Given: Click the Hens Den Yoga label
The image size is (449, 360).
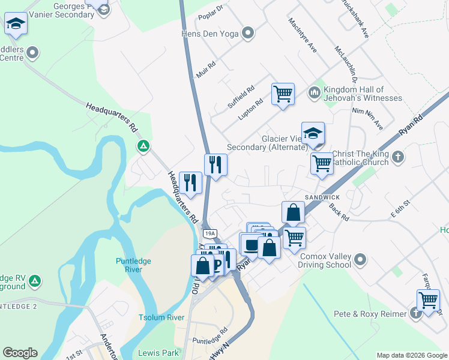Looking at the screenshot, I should (212, 34).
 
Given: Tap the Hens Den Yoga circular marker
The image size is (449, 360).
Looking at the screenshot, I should (247, 34).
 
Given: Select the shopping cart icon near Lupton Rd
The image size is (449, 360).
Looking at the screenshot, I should (283, 94).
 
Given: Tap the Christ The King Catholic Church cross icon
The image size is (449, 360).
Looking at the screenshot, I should (398, 158).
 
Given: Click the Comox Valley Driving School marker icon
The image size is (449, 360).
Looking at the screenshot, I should (360, 260).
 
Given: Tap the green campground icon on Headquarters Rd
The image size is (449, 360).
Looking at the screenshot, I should (143, 146).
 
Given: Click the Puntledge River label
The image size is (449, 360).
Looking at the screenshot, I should (133, 265).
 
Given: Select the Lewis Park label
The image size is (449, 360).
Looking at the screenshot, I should (155, 353).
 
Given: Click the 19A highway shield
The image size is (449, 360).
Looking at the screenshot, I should (209, 233).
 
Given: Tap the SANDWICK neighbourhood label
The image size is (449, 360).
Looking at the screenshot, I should (322, 197).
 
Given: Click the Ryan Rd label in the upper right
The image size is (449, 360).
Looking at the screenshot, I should (411, 125).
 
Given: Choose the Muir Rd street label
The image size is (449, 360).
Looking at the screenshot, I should (205, 70).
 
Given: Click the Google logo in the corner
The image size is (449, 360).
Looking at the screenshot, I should (20, 353).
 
